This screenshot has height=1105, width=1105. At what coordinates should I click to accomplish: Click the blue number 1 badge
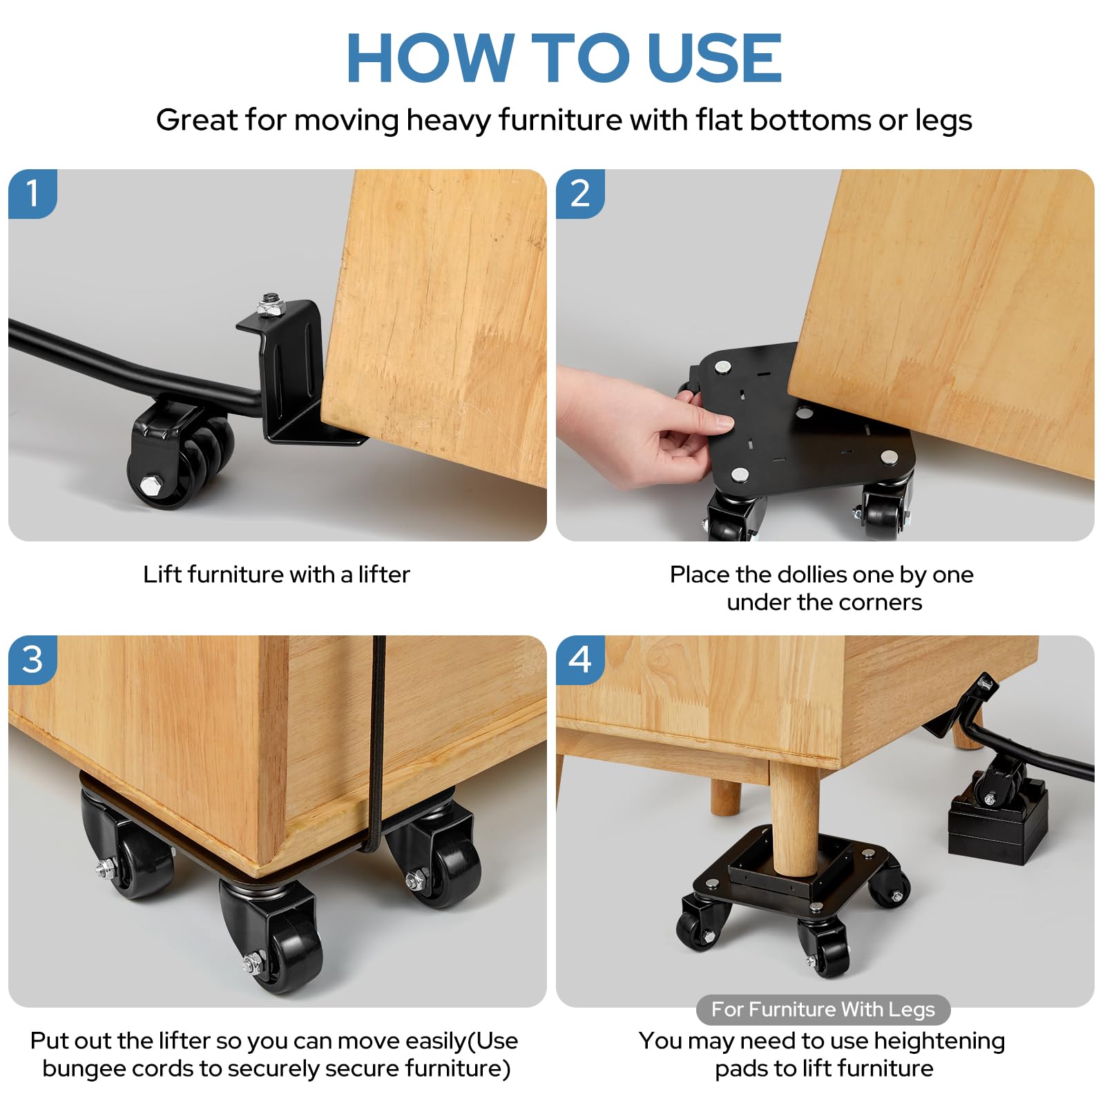(32, 193)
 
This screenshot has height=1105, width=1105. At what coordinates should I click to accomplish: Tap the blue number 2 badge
(580, 193)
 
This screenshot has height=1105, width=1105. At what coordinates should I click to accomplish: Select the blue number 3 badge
(32, 660)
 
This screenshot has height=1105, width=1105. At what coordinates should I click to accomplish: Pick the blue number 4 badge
(580, 660)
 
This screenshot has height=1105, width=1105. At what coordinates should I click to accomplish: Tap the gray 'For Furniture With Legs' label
(823, 1010)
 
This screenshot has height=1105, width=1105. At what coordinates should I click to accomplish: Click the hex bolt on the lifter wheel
(151, 485)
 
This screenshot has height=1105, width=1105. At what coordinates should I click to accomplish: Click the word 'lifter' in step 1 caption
(383, 575)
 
